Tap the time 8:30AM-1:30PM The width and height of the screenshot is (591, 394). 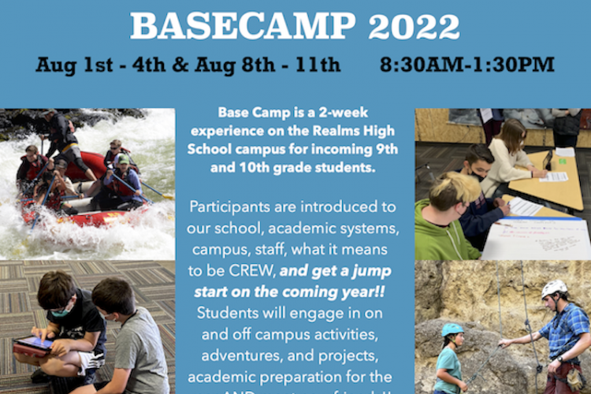[x=466, y=64]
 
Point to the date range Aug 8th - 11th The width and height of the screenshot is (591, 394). [x=273, y=64]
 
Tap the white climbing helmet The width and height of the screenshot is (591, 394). [x=554, y=289]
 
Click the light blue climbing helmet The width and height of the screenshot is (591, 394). [x=452, y=330]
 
